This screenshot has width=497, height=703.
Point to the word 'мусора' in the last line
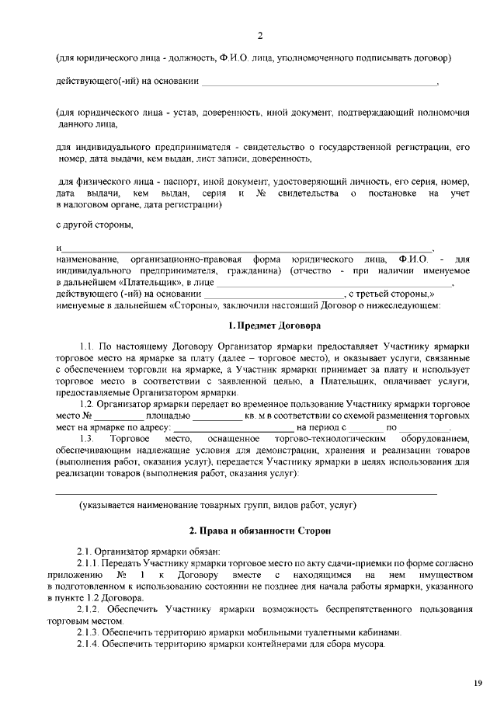coord(368,646)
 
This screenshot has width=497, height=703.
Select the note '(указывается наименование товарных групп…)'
coord(217,505)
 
